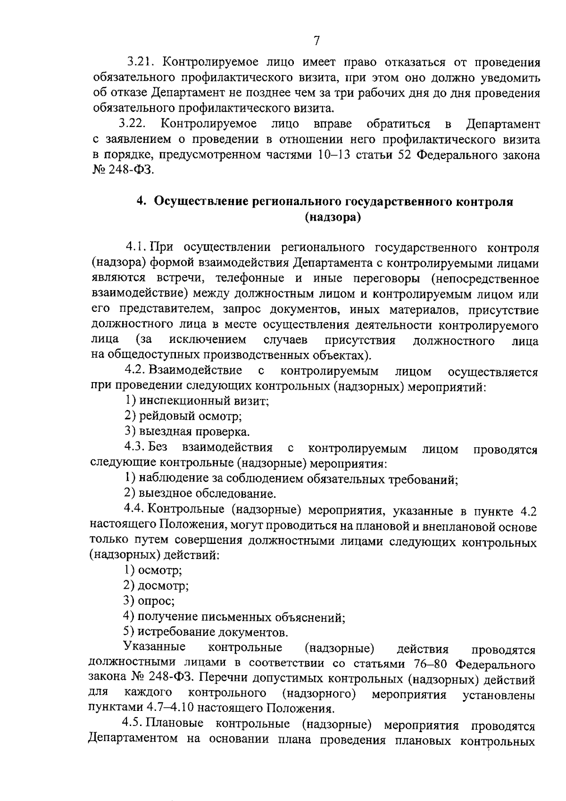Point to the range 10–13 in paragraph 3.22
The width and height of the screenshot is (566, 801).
333,155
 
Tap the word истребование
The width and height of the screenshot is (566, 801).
168,632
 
